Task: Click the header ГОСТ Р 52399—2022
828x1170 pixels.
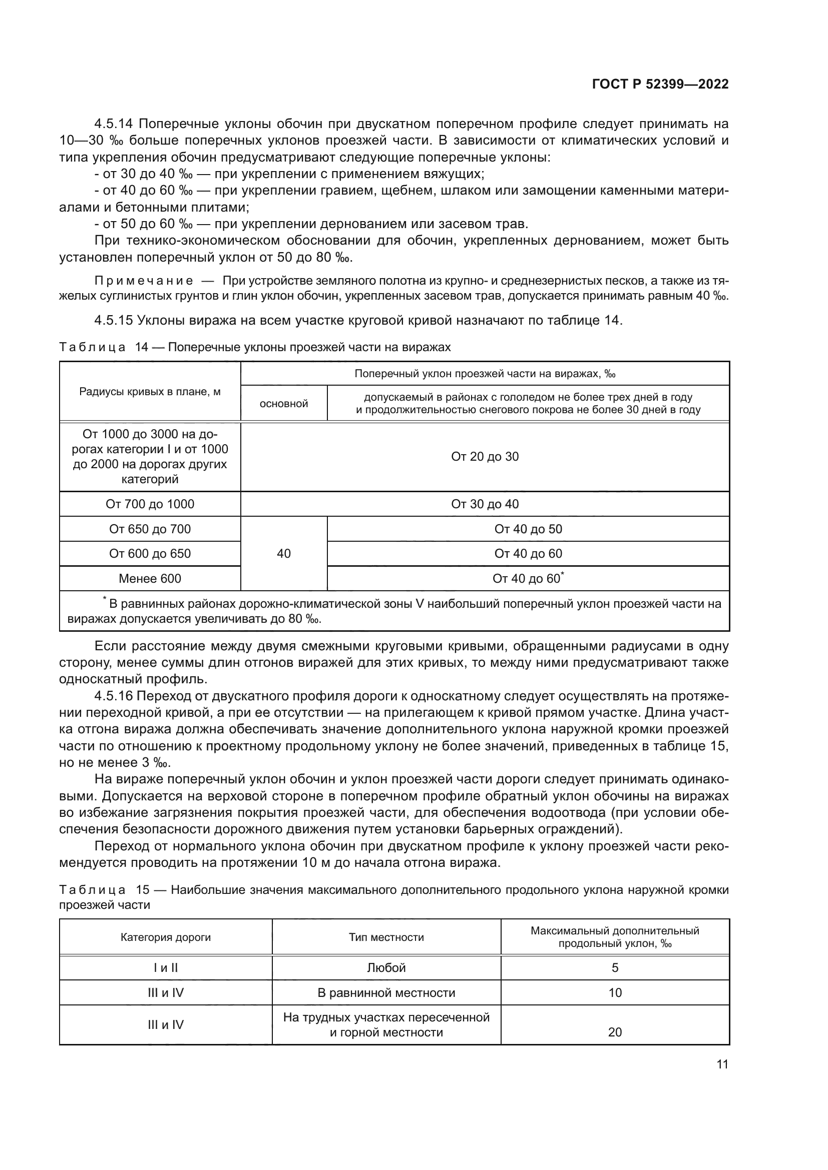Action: click(x=660, y=85)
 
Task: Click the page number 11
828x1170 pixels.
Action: click(x=722, y=1064)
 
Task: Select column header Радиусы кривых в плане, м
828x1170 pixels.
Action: click(x=150, y=391)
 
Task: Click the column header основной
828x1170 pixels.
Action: click(x=284, y=404)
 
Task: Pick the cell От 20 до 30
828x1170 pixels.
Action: click(x=485, y=457)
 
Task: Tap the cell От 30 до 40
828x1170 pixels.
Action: click(x=485, y=504)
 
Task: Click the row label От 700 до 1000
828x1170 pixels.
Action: click(x=150, y=504)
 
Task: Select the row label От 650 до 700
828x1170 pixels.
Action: click(x=150, y=529)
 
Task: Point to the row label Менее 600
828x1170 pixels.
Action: click(x=150, y=578)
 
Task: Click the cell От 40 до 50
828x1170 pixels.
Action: click(x=528, y=529)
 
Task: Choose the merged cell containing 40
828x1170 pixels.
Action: click(x=283, y=553)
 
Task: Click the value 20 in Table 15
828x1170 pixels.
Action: click(x=615, y=1032)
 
